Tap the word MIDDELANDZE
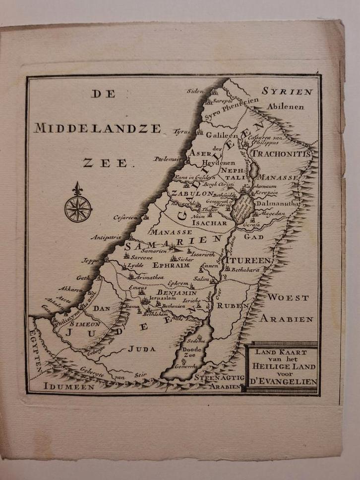[97, 128]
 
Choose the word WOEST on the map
[288, 298]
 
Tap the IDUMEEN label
[68, 386]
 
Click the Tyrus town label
[181, 132]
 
